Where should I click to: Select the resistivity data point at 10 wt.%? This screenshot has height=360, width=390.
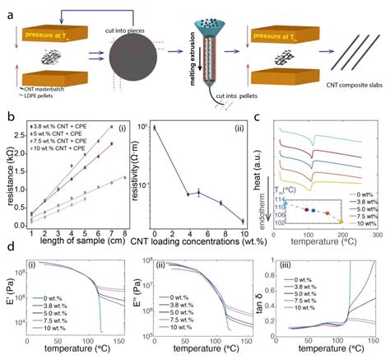pyautogui.click(x=241, y=220)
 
